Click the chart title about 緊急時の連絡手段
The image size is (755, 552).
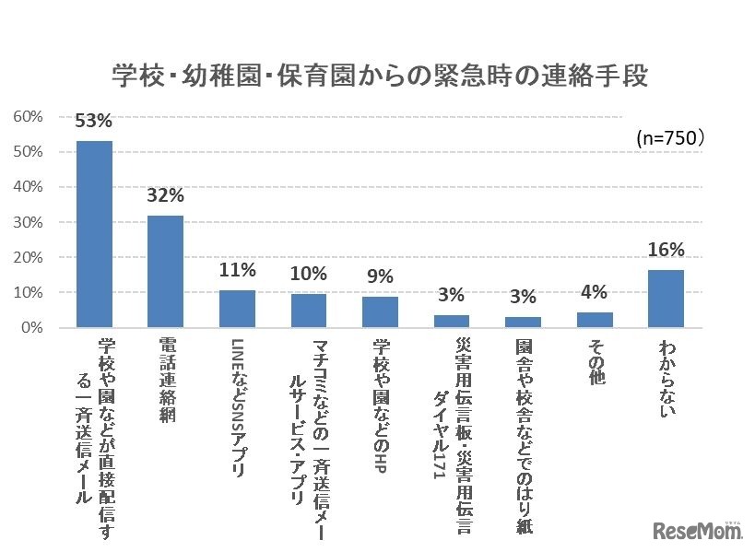[379, 76]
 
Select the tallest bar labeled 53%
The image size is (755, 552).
[94, 234]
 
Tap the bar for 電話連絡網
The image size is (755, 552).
[166, 271]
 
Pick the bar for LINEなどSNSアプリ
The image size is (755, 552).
[237, 309]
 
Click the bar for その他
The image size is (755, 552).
[595, 320]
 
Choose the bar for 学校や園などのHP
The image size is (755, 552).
[380, 311]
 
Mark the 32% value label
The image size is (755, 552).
[166, 195]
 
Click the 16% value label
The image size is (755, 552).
[666, 250]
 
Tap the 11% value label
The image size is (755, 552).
[237, 270]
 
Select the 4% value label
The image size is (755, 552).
[595, 292]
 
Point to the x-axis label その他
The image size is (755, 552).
[595, 362]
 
